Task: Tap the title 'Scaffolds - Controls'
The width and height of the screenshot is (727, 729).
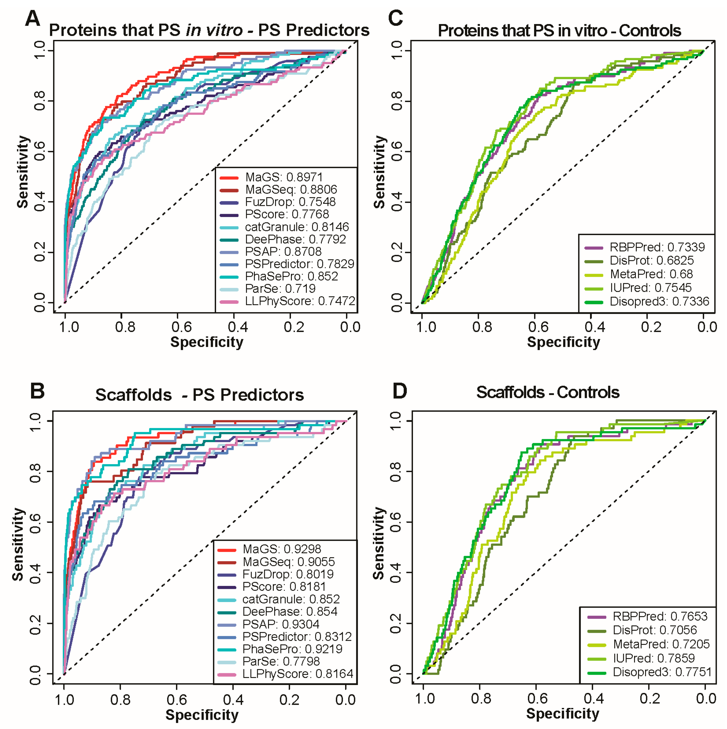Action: coord(548,393)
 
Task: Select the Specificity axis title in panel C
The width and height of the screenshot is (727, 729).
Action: coord(563,342)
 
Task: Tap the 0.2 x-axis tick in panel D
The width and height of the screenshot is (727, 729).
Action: coord(650,698)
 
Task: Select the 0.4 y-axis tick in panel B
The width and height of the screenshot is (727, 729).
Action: coord(35,573)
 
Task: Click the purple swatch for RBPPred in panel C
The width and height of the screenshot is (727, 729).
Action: coord(593,248)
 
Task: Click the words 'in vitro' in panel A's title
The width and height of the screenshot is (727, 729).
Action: coord(214,30)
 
